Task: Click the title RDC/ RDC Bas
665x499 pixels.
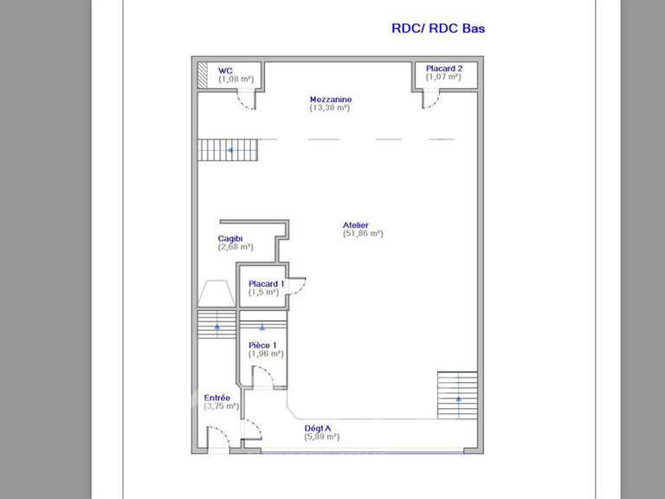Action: tap(438, 29)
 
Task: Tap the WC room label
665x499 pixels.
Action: tap(225, 70)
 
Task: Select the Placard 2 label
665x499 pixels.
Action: tap(443, 68)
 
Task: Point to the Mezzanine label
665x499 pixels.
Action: tap(331, 99)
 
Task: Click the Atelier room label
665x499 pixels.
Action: tap(356, 225)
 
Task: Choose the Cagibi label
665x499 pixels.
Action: tap(230, 238)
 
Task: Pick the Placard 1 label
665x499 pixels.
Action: tap(267, 283)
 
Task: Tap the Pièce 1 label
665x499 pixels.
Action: tap(262, 345)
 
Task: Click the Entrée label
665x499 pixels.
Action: tap(216, 398)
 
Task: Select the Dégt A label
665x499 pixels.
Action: tap(318, 428)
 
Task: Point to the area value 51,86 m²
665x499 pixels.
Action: tap(363, 234)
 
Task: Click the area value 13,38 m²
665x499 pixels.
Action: tap(330, 108)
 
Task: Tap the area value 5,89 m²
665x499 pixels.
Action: tap(321, 437)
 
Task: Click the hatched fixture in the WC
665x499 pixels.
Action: tap(202, 75)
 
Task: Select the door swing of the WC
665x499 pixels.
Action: tap(246, 100)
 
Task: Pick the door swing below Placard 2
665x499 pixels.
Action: tap(430, 99)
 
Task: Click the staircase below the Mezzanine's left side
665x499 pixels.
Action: tap(228, 150)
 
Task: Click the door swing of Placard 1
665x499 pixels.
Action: tap(296, 285)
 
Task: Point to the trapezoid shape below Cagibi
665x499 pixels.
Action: tap(215, 293)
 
